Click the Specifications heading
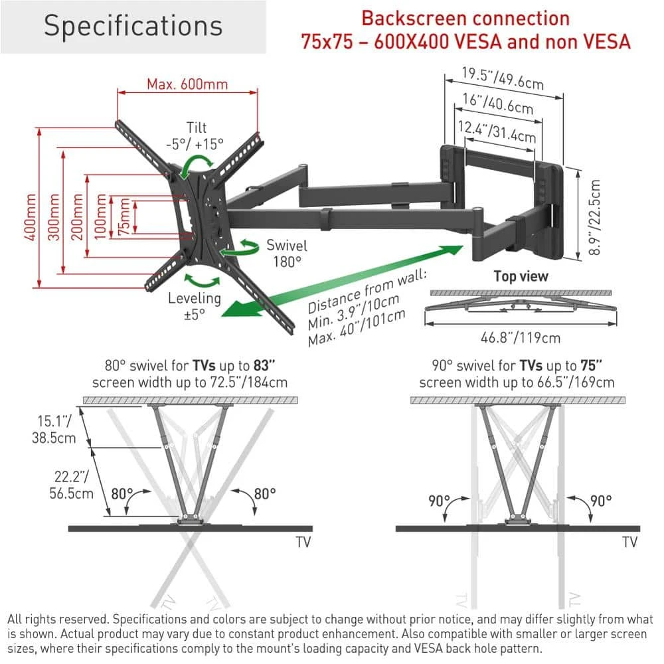(x=133, y=26)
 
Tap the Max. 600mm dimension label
(x=187, y=84)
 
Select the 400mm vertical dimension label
(x=30, y=217)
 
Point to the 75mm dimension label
(x=124, y=217)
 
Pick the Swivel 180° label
(x=286, y=253)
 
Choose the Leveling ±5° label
(x=194, y=305)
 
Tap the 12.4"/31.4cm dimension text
(x=497, y=130)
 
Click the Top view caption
(x=521, y=276)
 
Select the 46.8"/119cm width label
(x=521, y=338)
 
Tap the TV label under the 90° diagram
(x=629, y=542)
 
